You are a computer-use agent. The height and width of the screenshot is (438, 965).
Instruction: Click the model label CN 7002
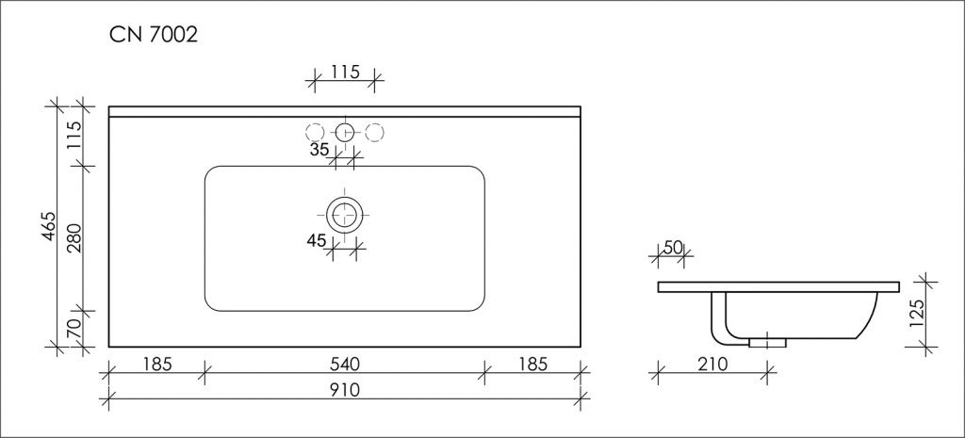pos(154,35)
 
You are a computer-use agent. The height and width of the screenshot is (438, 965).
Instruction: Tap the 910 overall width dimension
pos(344,390)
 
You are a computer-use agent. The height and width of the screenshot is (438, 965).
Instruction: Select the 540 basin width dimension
pos(344,365)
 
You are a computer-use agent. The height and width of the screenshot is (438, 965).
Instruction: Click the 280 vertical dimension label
pos(74,238)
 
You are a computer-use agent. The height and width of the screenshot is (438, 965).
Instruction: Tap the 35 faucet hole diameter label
pos(319,150)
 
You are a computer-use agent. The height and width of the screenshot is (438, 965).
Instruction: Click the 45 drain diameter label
pos(317,240)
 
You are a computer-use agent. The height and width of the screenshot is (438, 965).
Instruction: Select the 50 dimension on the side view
pos(673,248)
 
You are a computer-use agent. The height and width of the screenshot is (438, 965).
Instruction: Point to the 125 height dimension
pos(917,315)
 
